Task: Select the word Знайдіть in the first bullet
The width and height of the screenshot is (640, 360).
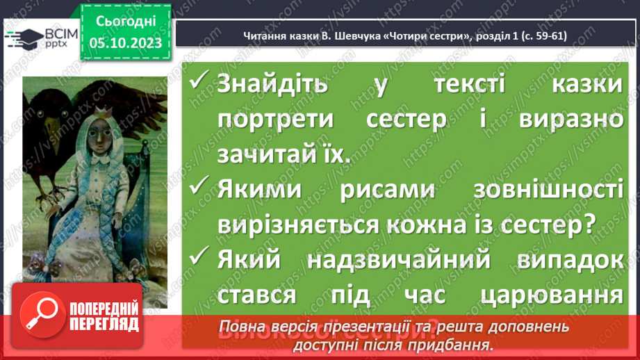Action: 272,86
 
